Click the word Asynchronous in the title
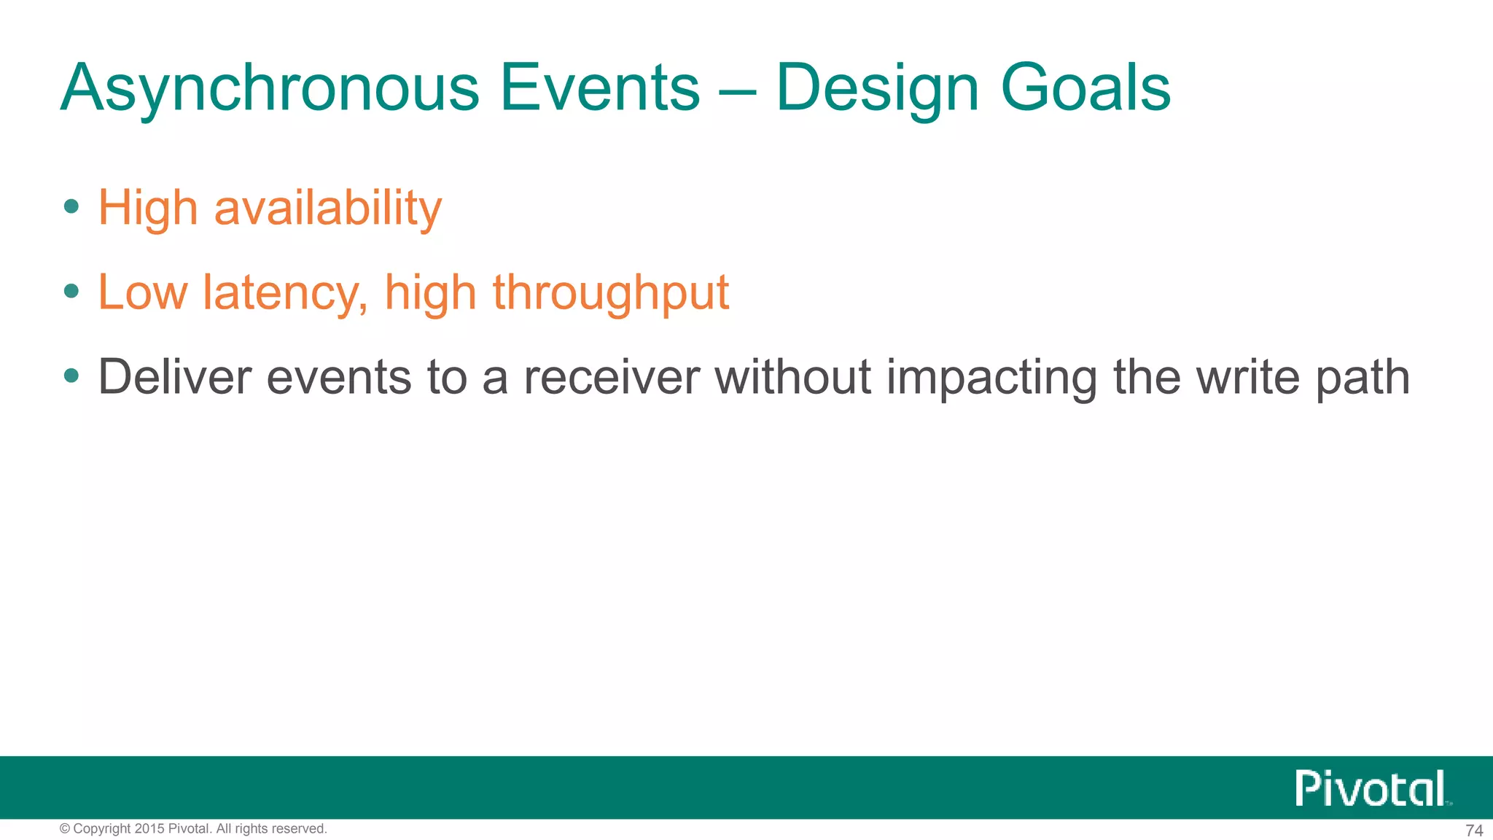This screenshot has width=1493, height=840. (270, 89)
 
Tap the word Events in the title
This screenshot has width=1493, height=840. (599, 89)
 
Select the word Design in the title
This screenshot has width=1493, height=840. (877, 89)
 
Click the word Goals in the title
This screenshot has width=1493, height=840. (1086, 89)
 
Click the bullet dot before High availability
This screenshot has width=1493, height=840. (71, 207)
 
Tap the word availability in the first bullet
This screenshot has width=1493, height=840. (327, 209)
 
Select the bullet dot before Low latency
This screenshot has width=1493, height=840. (71, 292)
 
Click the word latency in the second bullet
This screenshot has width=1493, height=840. (285, 293)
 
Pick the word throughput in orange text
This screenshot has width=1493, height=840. (610, 293)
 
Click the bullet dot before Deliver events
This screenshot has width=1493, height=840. (71, 376)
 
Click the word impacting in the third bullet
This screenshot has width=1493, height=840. (991, 378)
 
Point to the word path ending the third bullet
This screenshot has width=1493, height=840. (1362, 378)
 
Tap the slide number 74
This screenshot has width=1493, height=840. (1473, 831)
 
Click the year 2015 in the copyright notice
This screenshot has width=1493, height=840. (149, 829)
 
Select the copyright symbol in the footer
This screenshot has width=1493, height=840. (65, 829)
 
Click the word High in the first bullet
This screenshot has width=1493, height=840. (148, 209)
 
